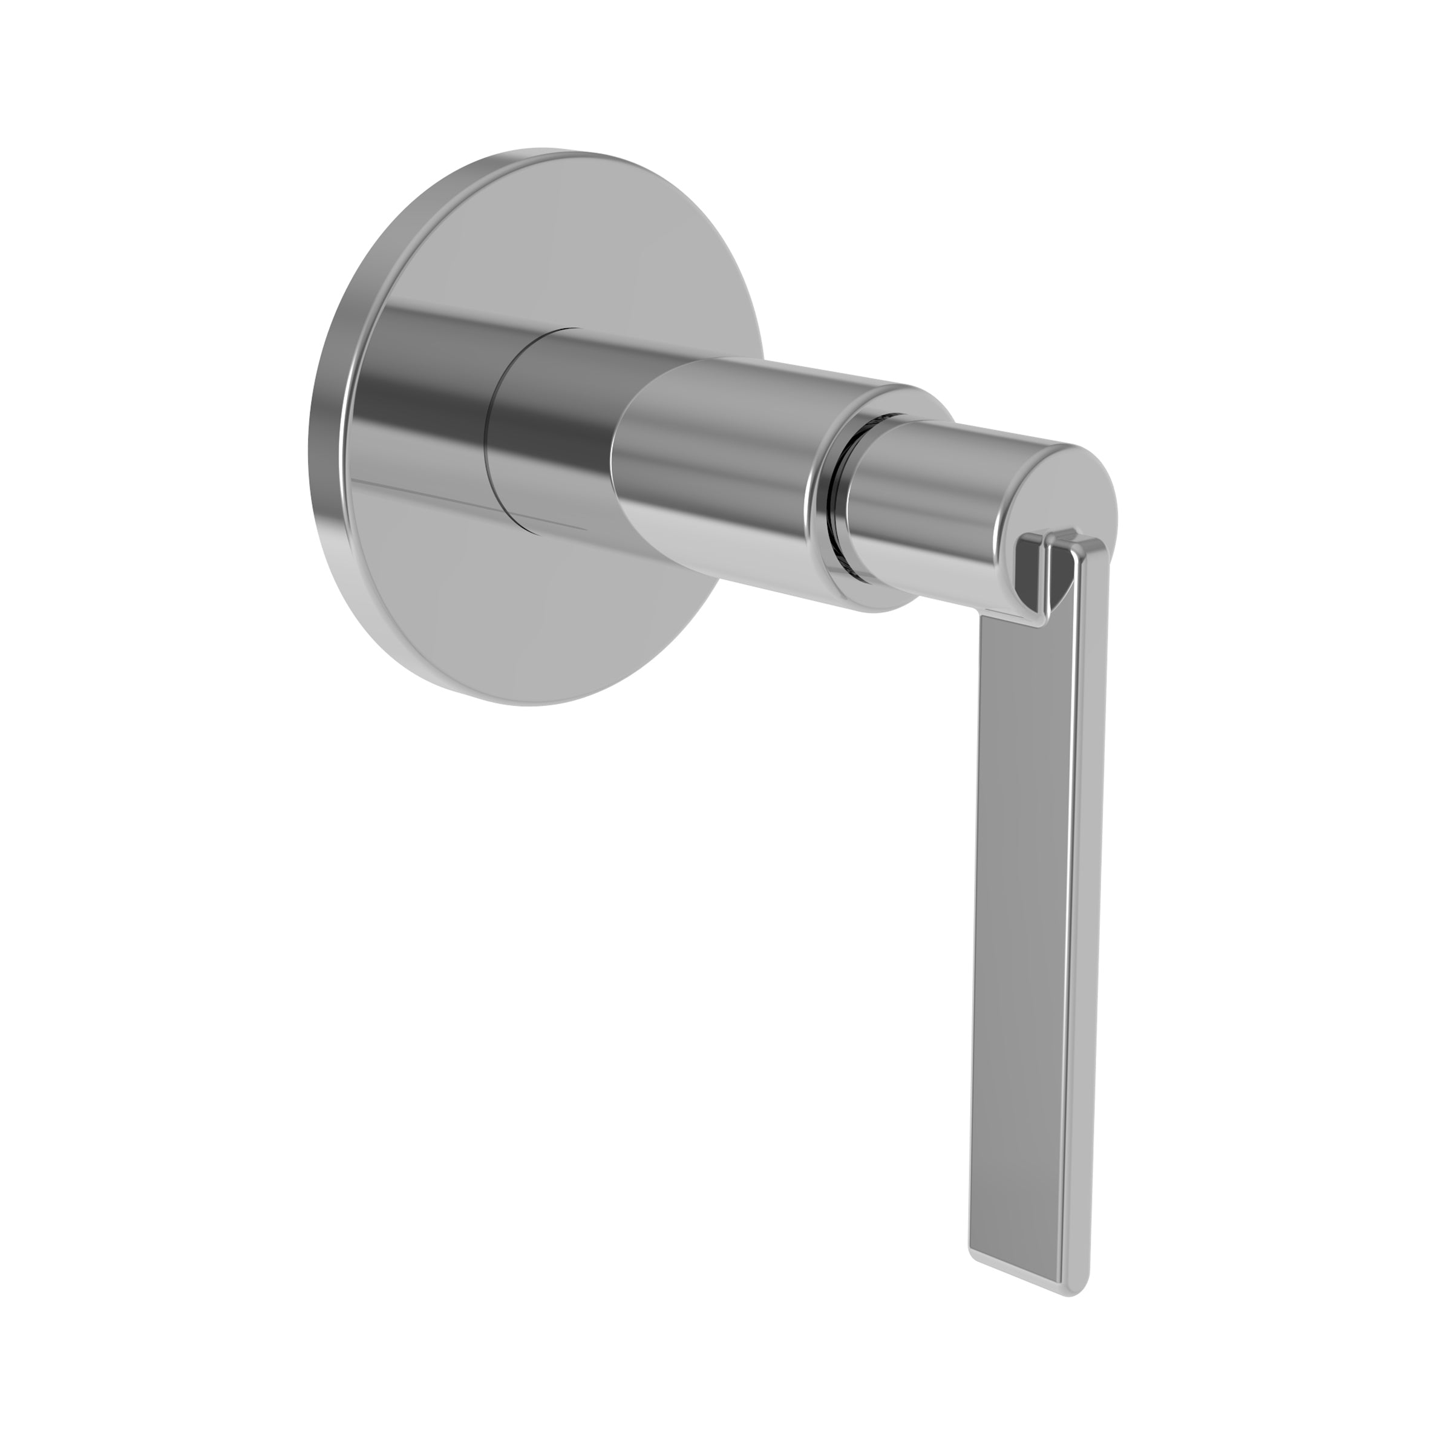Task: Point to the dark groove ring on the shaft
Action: pyautogui.click(x=834, y=518)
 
